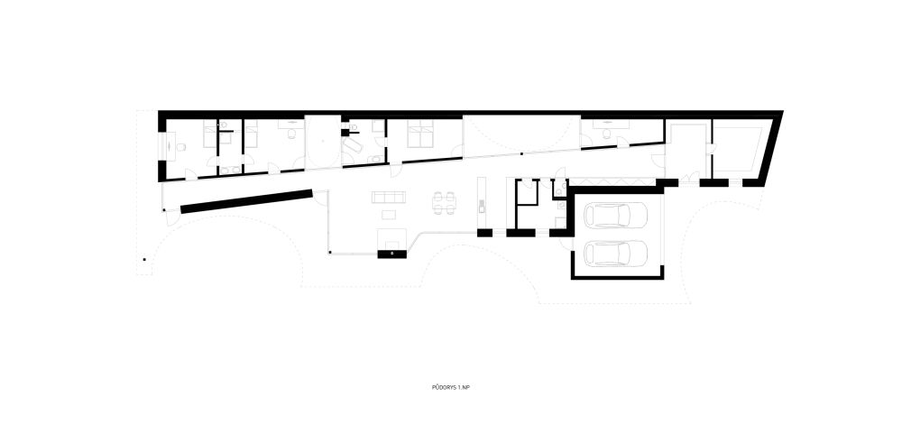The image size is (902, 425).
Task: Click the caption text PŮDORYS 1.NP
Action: (x=446, y=388)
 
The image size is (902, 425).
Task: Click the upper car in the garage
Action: (x=615, y=216)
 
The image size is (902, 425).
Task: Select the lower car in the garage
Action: (x=615, y=253)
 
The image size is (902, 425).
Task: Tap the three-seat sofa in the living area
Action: (x=389, y=198)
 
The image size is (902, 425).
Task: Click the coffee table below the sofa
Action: (x=389, y=215)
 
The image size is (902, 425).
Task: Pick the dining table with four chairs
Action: (x=444, y=202)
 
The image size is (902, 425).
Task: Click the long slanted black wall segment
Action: (x=247, y=201)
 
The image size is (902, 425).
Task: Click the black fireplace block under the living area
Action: (x=392, y=254)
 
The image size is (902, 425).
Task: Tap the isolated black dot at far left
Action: (x=144, y=259)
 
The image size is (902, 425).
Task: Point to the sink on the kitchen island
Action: (x=482, y=206)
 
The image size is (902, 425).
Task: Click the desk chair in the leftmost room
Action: (x=180, y=147)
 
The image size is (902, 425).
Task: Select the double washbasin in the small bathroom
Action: (x=231, y=170)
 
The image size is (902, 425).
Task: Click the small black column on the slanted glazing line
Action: (x=521, y=154)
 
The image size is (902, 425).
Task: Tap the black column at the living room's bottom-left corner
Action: (x=330, y=252)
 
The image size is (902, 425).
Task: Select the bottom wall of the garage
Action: (x=618, y=277)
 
